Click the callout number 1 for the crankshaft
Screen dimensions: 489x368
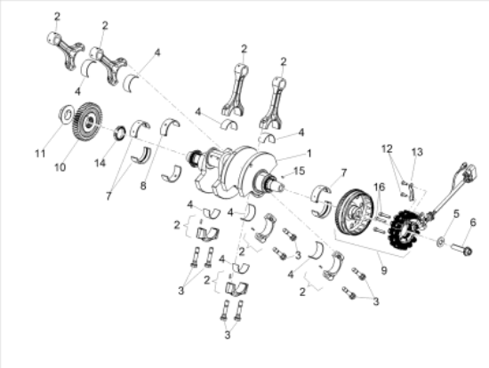309,154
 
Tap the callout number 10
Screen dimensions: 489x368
60,167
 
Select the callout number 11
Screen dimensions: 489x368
40,154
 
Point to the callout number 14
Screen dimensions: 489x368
100,163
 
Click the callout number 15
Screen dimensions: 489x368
299,171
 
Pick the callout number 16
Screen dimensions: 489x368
380,187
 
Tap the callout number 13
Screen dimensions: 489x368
417,152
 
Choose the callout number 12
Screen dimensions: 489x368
387,148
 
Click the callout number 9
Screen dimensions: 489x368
383,270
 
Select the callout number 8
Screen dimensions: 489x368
143,186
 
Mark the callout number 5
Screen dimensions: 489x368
456,214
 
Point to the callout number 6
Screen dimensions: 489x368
473,222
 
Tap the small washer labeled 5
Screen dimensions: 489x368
441,240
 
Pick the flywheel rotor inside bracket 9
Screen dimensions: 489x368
355,212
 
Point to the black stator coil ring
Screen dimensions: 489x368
405,230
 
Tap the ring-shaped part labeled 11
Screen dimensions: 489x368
67,114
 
